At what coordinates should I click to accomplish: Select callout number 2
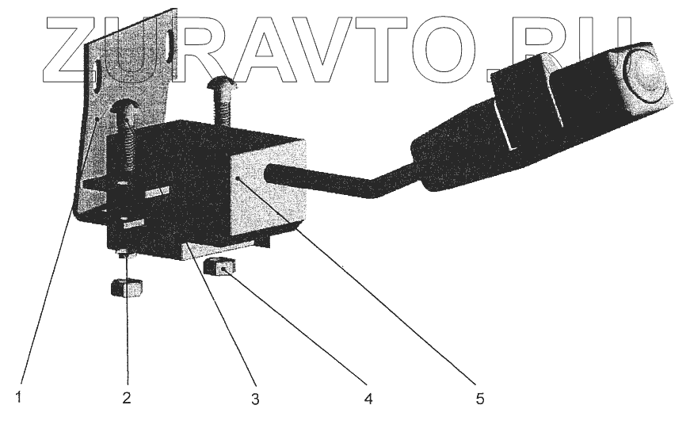click(x=126, y=397)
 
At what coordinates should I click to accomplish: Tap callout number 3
click(x=255, y=399)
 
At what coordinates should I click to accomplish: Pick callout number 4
click(x=366, y=398)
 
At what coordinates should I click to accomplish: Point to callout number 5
click(x=479, y=398)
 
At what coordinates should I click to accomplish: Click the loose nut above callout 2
click(x=127, y=287)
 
